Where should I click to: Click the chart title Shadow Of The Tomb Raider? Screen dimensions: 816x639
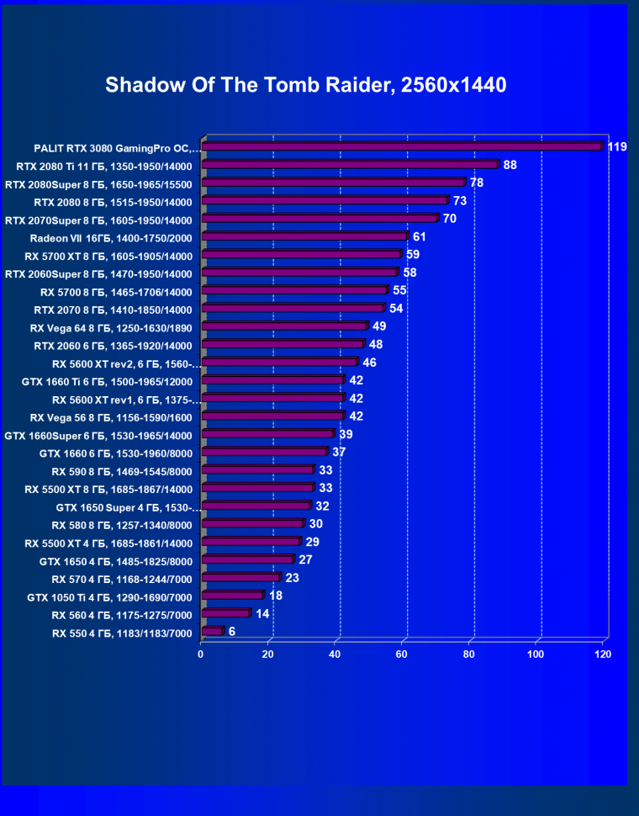tap(306, 85)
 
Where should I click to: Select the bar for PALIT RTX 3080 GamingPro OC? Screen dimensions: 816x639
tap(402, 146)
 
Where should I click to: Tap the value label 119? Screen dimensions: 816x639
tap(617, 147)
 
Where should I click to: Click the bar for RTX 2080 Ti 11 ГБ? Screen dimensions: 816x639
tap(350, 165)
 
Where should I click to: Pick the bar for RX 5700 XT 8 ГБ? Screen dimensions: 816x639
tap(301, 254)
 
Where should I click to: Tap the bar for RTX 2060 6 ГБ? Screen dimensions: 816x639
tap(283, 344)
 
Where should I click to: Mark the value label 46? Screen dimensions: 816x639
tap(370, 363)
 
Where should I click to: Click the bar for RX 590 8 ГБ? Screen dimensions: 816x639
tap(257, 469)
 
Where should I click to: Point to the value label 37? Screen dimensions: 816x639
tap(340, 452)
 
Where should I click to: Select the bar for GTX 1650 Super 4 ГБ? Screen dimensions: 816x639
tap(256, 506)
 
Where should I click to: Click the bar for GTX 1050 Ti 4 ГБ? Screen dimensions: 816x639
tap(232, 596)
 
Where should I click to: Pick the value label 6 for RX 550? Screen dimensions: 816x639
tap(231, 631)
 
